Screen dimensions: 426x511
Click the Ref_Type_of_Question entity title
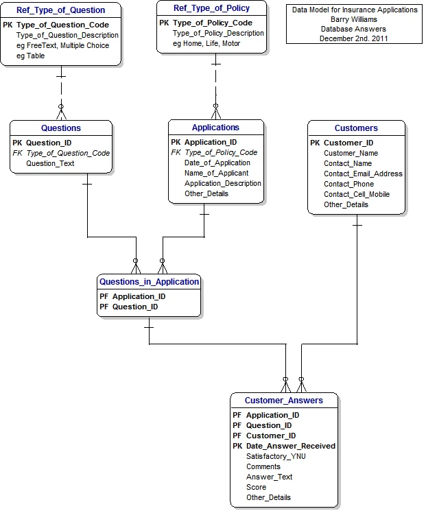[60, 10]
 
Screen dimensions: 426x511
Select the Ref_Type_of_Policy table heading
[211, 8]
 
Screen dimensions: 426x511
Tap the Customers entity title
[356, 128]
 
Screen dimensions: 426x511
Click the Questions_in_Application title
[150, 282]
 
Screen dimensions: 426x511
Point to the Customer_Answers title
[284, 401]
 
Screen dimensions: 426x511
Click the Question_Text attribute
[50, 163]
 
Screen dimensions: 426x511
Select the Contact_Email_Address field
[363, 174]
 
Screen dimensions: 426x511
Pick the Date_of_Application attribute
[217, 163]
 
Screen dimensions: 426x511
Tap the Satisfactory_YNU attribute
[276, 456]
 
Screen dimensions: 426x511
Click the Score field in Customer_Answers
[256, 487]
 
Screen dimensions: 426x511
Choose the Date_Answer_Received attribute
[291, 446]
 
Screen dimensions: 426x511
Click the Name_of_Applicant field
[216, 173]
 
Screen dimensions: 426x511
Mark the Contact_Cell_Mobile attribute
[357, 194]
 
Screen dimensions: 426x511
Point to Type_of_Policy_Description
[218, 33]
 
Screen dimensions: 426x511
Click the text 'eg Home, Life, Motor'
[206, 43]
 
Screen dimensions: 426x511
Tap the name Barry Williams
[354, 20]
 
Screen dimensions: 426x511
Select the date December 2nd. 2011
[354, 38]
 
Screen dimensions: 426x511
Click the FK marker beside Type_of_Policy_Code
[176, 152]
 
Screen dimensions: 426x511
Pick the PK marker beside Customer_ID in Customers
[315, 143]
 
